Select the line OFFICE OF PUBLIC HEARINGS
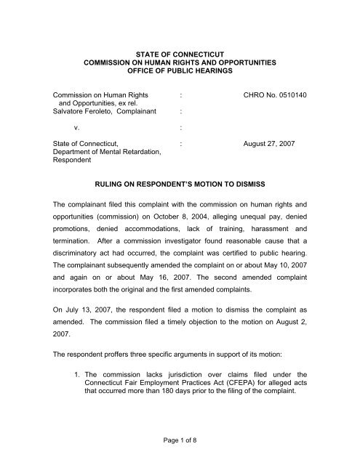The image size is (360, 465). pos(180,73)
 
